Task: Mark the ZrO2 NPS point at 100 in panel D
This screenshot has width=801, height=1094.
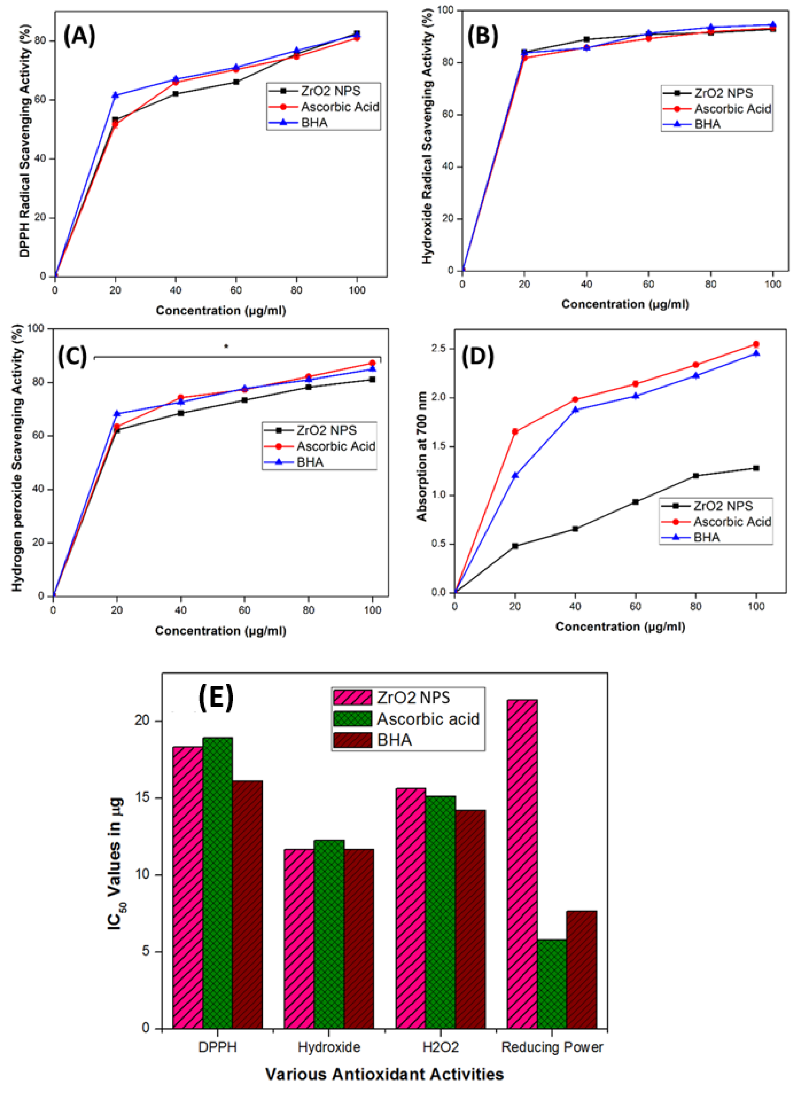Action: pyautogui.click(x=756, y=468)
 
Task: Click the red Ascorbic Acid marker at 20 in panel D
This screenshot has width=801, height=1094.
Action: pyautogui.click(x=515, y=432)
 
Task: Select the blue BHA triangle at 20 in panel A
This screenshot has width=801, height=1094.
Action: pyautogui.click(x=115, y=95)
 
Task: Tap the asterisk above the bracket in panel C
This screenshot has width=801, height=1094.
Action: pyautogui.click(x=226, y=346)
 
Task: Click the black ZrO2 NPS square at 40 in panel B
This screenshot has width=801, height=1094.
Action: pyautogui.click(x=587, y=39)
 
